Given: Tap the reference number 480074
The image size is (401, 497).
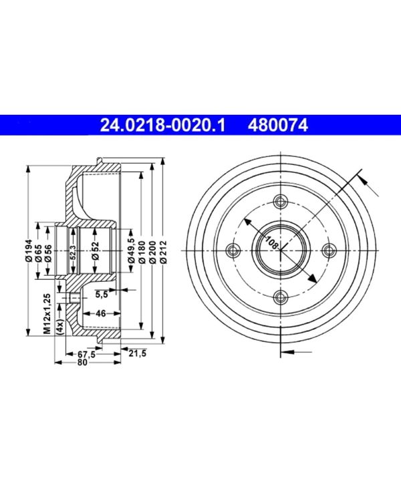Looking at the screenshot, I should pos(278,124).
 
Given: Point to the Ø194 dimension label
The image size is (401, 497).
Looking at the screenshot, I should pos(29,251).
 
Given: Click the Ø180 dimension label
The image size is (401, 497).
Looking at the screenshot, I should pos(142,252).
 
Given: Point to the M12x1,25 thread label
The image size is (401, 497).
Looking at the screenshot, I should pos(47,313).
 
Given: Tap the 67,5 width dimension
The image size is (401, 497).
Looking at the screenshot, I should pos(85,354).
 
